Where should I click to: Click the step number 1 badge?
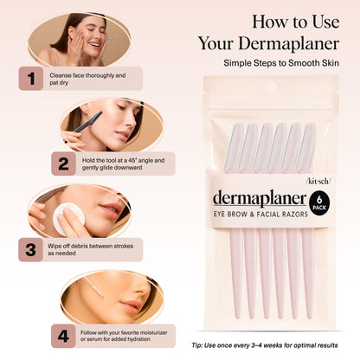[x=30, y=79]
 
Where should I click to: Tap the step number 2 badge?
[x=63, y=164]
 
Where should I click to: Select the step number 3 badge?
[x=30, y=249]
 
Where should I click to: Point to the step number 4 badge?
[x=63, y=333]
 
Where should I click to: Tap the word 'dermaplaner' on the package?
[x=259, y=199]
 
